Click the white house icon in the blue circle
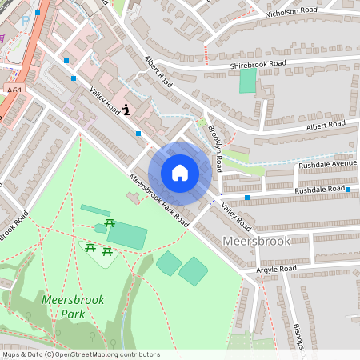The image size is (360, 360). pyautogui.click(x=180, y=172)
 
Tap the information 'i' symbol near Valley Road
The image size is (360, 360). pyautogui.click(x=128, y=110)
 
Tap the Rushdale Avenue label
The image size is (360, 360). pyautogui.click(x=326, y=165)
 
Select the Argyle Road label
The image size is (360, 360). pyautogui.click(x=276, y=269)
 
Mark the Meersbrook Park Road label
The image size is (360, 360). pyautogui.click(x=158, y=200)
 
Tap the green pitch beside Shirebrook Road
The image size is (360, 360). pyautogui.click(x=248, y=80)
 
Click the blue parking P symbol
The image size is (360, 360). pyautogui.click(x=26, y=18)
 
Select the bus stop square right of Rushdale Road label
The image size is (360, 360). pyautogui.click(x=348, y=190)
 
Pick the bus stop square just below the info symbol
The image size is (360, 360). pyautogui.click(x=138, y=133)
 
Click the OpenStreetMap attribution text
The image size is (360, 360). pyautogui.click(x=80, y=354)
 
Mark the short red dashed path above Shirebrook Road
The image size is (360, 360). pyautogui.click(x=206, y=55)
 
